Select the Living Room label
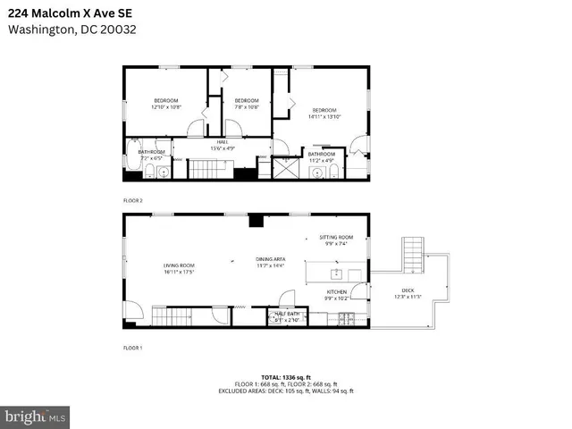click(179, 268)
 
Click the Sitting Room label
click(337, 240)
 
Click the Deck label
click(408, 293)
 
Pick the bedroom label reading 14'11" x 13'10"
click(326, 114)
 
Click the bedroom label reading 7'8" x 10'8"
click(246, 104)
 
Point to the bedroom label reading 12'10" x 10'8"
click(166, 104)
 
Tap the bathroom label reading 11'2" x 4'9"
click(321, 157)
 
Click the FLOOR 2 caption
click(132, 200)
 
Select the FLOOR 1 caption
click(132, 347)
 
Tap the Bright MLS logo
click(36, 416)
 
